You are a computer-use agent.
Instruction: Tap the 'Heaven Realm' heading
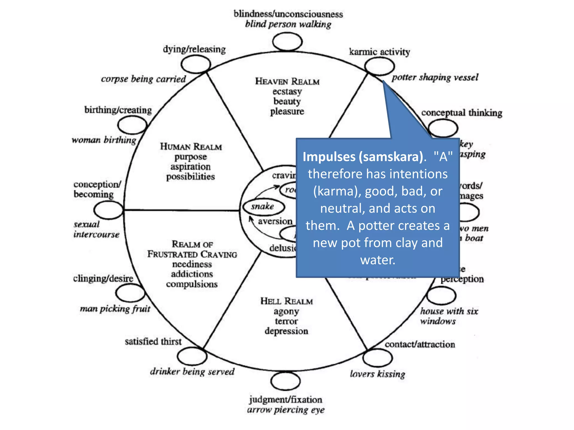[x=287, y=81]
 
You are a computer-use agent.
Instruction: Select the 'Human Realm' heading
[x=191, y=147]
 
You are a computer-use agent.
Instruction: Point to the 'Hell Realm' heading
[x=286, y=301]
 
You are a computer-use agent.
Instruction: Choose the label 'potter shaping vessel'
[x=435, y=78]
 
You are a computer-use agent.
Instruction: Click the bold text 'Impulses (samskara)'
[x=363, y=157]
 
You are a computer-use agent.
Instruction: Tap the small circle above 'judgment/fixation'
[x=286, y=381]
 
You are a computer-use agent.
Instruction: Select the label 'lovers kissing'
[x=378, y=374]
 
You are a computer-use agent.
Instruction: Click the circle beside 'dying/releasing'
[x=196, y=64]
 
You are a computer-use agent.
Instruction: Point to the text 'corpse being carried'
[x=143, y=79]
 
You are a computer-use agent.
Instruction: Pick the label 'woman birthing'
[x=104, y=140]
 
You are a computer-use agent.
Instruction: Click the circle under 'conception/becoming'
[x=108, y=210]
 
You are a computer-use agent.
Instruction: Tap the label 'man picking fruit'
[x=115, y=309]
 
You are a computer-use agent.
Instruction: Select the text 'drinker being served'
[x=192, y=372]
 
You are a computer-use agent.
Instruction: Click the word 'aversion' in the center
[x=275, y=221]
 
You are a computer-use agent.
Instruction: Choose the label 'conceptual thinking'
[x=462, y=113]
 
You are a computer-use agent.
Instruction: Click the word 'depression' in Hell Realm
[x=286, y=331]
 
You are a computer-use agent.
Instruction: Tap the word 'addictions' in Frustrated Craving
[x=192, y=274]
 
